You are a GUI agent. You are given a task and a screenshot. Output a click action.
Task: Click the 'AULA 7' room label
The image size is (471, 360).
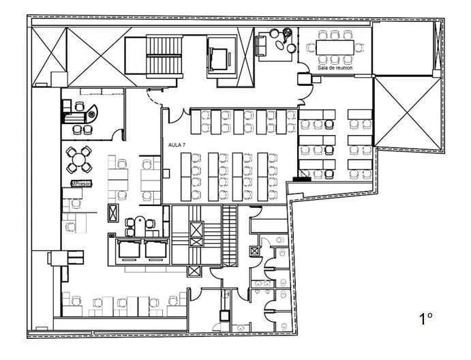click(x=177, y=145)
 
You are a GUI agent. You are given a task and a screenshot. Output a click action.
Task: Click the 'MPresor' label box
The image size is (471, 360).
click(x=80, y=183)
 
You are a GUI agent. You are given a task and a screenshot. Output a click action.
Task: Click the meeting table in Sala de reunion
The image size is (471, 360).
click(x=339, y=47)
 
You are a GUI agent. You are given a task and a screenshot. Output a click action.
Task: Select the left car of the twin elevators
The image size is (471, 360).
click(x=130, y=249)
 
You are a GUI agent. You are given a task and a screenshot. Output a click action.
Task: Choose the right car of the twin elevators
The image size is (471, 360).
click(x=154, y=249)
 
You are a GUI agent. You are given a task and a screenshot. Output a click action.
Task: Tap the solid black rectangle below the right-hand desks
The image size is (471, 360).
click(x=301, y=180)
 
